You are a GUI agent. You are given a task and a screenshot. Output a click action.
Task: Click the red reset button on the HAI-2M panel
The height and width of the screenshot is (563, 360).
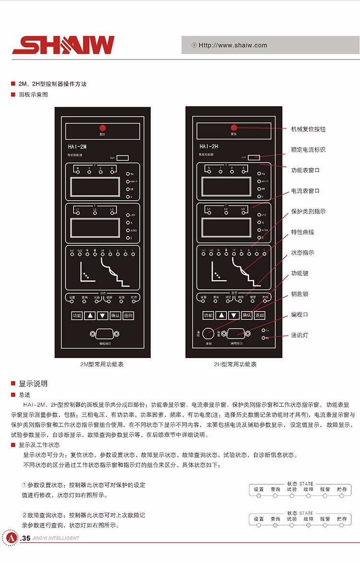[102, 128]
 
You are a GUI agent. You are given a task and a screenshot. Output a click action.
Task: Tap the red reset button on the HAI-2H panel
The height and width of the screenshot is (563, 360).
[234, 128]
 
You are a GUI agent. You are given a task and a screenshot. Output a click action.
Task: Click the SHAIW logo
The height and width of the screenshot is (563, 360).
[63, 45]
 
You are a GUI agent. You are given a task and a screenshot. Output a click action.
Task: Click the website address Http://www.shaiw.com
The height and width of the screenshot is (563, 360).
[233, 46]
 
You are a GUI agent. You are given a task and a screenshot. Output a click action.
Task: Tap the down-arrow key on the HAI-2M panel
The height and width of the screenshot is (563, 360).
[102, 316]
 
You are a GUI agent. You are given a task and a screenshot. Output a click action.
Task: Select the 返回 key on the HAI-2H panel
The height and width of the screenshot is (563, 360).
[259, 315]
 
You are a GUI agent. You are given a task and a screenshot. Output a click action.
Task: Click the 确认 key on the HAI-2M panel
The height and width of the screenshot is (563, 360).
[115, 316]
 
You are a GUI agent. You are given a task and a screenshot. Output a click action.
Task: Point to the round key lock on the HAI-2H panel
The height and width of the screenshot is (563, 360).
[208, 333]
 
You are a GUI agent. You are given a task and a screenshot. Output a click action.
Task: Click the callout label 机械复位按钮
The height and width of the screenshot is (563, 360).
[308, 130]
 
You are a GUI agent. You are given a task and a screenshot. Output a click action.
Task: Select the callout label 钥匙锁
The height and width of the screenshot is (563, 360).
[300, 294]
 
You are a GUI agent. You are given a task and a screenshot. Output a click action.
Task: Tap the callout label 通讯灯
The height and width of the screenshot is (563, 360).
[300, 335]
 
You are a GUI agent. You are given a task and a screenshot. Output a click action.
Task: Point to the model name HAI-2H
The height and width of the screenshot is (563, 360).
[208, 147]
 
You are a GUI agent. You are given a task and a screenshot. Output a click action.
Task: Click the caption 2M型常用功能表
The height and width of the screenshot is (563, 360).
[102, 364]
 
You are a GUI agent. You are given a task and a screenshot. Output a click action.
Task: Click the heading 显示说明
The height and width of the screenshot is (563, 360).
[33, 383]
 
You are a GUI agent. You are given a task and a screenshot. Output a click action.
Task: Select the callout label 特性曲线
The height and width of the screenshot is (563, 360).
[302, 232]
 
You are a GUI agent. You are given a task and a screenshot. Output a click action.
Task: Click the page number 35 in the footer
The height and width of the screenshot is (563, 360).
[26, 539]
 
